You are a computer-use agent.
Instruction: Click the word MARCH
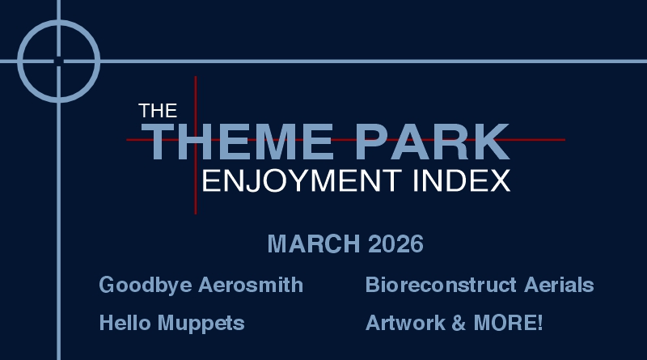[x=314, y=244]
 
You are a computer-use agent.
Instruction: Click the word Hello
[x=121, y=324]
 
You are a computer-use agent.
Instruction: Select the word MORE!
[x=502, y=324]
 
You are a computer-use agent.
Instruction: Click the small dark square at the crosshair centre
[x=58, y=61]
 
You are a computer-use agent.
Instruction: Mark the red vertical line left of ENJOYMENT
[x=195, y=194]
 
